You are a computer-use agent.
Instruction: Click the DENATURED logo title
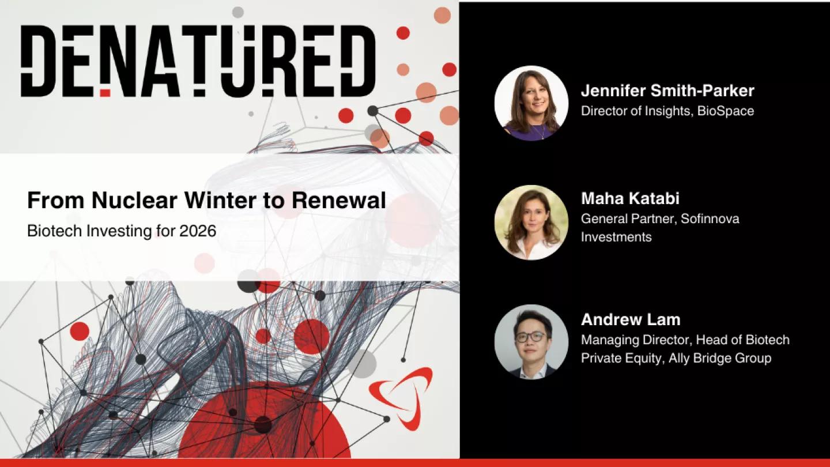pos(198,61)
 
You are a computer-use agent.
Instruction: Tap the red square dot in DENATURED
pos(105,92)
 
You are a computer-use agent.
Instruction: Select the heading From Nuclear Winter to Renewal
pos(206,201)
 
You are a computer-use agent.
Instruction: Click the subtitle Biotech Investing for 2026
pos(122,231)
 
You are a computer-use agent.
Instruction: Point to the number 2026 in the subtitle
pos(197,231)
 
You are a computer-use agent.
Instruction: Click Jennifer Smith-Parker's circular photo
pos(531,103)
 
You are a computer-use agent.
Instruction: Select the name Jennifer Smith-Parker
pos(667,91)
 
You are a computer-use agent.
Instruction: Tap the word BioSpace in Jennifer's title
pos(725,111)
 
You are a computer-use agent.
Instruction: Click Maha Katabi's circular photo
pos(531,222)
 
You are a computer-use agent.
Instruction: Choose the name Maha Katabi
pos(630,199)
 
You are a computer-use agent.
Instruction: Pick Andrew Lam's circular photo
pos(531,341)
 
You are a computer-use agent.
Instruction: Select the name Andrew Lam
pos(631,319)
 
